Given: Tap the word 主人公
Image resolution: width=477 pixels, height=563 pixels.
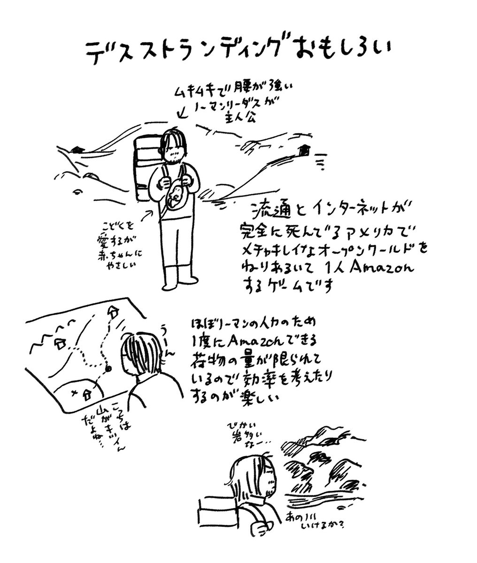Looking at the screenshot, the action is coord(243,117).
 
